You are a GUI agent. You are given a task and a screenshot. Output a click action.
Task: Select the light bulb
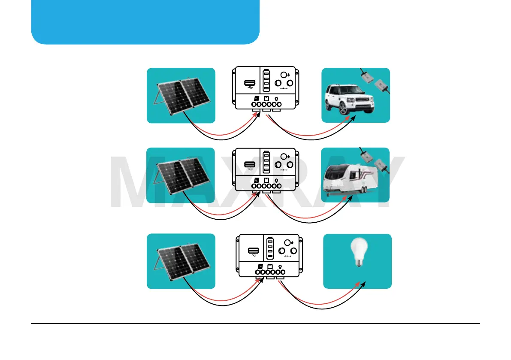point(357,253)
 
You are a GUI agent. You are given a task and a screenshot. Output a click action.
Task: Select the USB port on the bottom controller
point(253,251)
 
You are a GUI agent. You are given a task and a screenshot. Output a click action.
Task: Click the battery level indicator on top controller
point(266,80)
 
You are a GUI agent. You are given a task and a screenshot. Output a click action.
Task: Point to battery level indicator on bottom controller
point(271,248)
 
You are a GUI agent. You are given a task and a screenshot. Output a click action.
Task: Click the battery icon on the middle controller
point(266,180)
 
